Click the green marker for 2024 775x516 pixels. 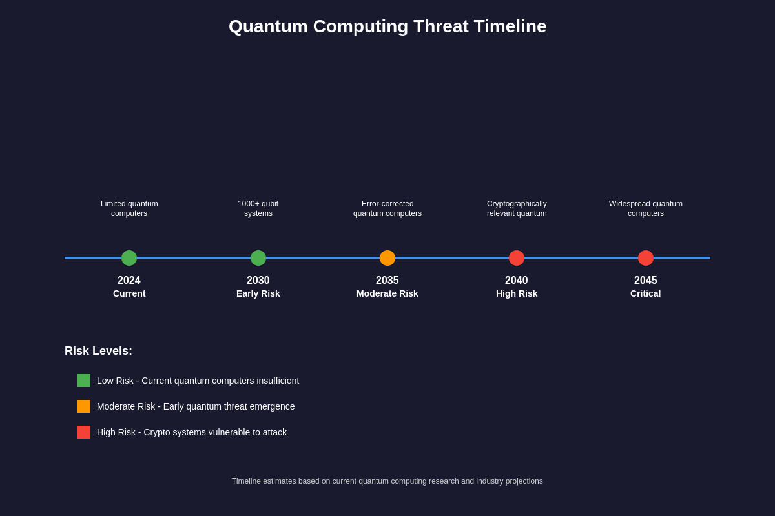129,258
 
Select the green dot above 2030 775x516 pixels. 258,258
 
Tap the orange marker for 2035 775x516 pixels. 387,258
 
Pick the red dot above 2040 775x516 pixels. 517,258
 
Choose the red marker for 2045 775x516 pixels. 646,258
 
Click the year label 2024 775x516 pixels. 129,280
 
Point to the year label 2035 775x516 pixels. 387,280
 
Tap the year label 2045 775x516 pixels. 646,280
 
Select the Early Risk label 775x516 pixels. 258,293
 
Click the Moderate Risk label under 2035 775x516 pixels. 387,293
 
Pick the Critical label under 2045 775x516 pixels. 646,293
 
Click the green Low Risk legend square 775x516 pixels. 84,381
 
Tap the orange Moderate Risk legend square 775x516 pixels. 84,406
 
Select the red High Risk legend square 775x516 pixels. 84,432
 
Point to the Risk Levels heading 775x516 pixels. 98,351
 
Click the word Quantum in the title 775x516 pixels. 268,26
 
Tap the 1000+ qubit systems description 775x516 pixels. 258,208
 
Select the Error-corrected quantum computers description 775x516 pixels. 387,208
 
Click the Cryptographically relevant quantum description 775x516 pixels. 517,208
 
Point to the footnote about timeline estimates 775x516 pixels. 387,481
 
